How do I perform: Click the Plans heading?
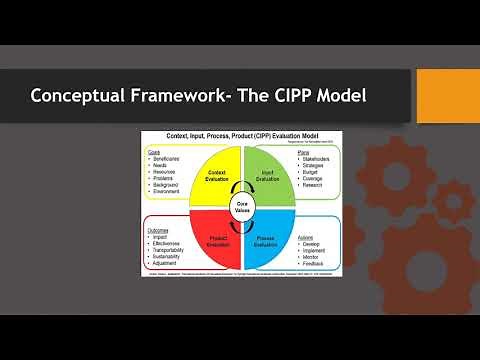(x=304, y=152)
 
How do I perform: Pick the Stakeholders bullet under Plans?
(x=320, y=158)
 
